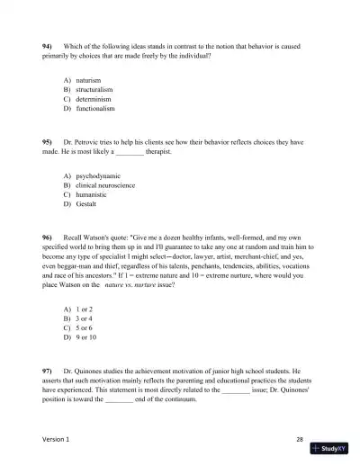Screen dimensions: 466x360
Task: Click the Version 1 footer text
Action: click(55, 439)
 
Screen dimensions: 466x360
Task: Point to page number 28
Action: click(299, 439)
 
